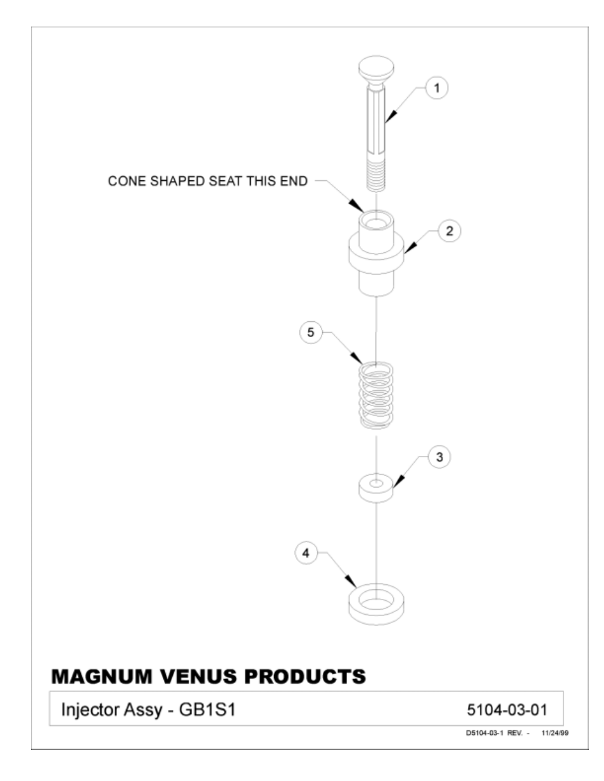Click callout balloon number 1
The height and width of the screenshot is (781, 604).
tap(437, 88)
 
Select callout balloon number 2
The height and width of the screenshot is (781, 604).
tap(450, 231)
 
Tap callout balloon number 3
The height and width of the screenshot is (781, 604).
tap(439, 457)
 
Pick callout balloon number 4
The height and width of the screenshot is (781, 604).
tap(306, 553)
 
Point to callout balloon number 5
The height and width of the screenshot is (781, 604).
tap(311, 332)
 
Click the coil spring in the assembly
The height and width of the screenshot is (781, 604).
tap(376, 395)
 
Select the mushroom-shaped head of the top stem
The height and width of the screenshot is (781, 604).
tap(376, 70)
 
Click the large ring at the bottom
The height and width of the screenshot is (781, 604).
tap(376, 605)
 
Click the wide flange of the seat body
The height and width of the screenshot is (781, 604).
tap(376, 253)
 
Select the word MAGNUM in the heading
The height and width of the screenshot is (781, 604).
tap(102, 677)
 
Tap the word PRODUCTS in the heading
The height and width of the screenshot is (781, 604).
tap(305, 677)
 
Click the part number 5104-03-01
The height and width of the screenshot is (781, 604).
tap(507, 710)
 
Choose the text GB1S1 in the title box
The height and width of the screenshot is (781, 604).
tap(207, 710)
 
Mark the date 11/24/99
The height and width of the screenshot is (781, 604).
tap(555, 733)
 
